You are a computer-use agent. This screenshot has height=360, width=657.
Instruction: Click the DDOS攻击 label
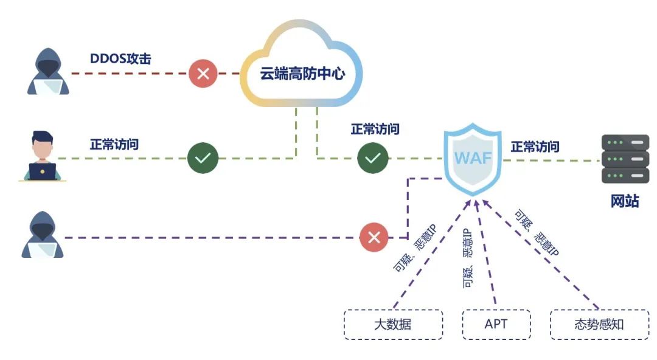click(x=120, y=59)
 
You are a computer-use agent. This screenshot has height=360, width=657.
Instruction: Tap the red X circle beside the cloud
click(x=204, y=74)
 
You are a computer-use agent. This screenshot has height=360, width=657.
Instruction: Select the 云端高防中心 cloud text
click(x=302, y=74)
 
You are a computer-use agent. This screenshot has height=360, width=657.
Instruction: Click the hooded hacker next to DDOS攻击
click(x=48, y=72)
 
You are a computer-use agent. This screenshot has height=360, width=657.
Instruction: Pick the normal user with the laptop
click(x=43, y=156)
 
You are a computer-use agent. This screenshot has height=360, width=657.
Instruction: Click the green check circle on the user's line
click(x=203, y=158)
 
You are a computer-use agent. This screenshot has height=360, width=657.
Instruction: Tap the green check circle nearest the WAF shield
click(x=372, y=158)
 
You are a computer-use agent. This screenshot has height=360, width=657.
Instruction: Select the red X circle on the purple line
click(x=374, y=237)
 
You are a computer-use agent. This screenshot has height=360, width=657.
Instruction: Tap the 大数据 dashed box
click(x=392, y=324)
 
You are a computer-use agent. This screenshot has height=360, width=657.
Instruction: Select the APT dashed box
click(x=496, y=324)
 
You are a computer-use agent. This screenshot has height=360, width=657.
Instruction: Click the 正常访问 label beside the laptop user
click(x=114, y=145)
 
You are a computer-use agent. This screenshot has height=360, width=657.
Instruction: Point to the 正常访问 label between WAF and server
click(x=535, y=147)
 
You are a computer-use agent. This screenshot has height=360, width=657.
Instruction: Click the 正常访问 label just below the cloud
click(x=375, y=129)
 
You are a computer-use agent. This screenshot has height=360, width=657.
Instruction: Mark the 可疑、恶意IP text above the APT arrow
click(x=467, y=258)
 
